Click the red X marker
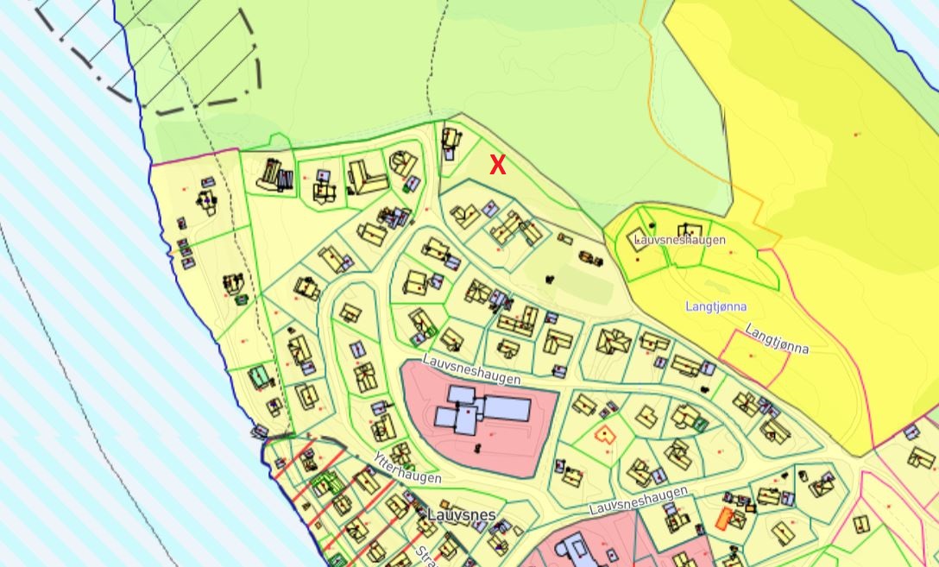point(498,165)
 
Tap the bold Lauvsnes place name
point(462,515)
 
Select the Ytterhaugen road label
point(407,467)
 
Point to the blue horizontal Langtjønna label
point(715,306)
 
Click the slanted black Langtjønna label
point(777,338)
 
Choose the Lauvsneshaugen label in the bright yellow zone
point(679,239)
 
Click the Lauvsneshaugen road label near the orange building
point(638,501)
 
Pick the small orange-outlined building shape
point(608,433)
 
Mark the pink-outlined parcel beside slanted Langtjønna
point(753,356)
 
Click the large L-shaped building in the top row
point(367,178)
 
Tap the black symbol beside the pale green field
point(550,279)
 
